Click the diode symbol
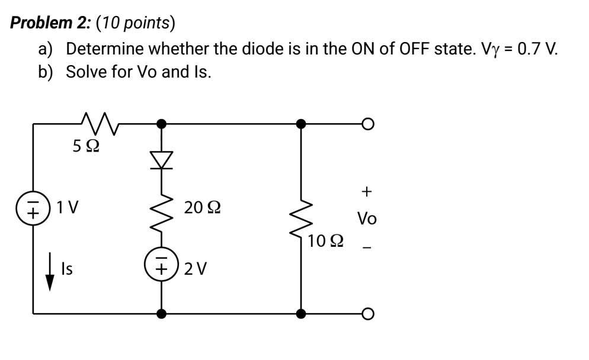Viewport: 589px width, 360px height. [x=161, y=159]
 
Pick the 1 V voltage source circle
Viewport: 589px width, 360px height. [x=33, y=209]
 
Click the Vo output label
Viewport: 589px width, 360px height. [x=367, y=218]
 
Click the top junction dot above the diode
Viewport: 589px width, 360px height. [x=161, y=124]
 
